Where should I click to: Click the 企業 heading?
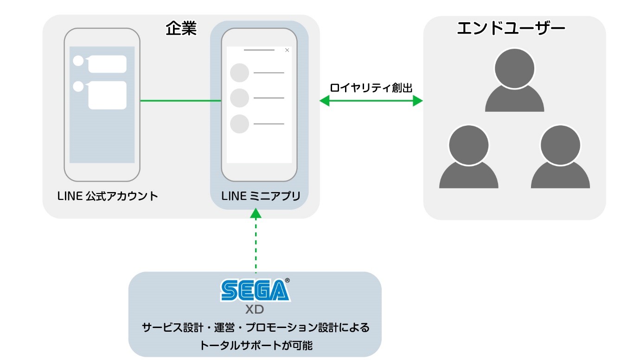pos(181,29)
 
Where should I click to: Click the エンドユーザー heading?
pos(511,29)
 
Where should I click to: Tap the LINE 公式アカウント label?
pos(108,196)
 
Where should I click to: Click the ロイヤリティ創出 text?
pos(371,88)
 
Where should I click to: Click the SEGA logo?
pos(255,291)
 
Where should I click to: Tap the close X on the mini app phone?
pos(287,50)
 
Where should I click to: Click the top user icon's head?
pos(514,68)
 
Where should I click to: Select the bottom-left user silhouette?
pos(468,160)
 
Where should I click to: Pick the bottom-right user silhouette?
pos(560,160)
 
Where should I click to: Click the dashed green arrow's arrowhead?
pos(255,213)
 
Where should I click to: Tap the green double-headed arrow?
pos(371,101)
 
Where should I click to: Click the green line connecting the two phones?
pos(180,100)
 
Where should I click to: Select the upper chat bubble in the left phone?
pos(107,64)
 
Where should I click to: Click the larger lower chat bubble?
pos(107,95)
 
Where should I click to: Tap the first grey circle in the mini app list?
pos(240,73)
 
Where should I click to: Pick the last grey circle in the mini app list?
pos(240,124)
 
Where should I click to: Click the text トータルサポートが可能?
pos(255,345)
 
